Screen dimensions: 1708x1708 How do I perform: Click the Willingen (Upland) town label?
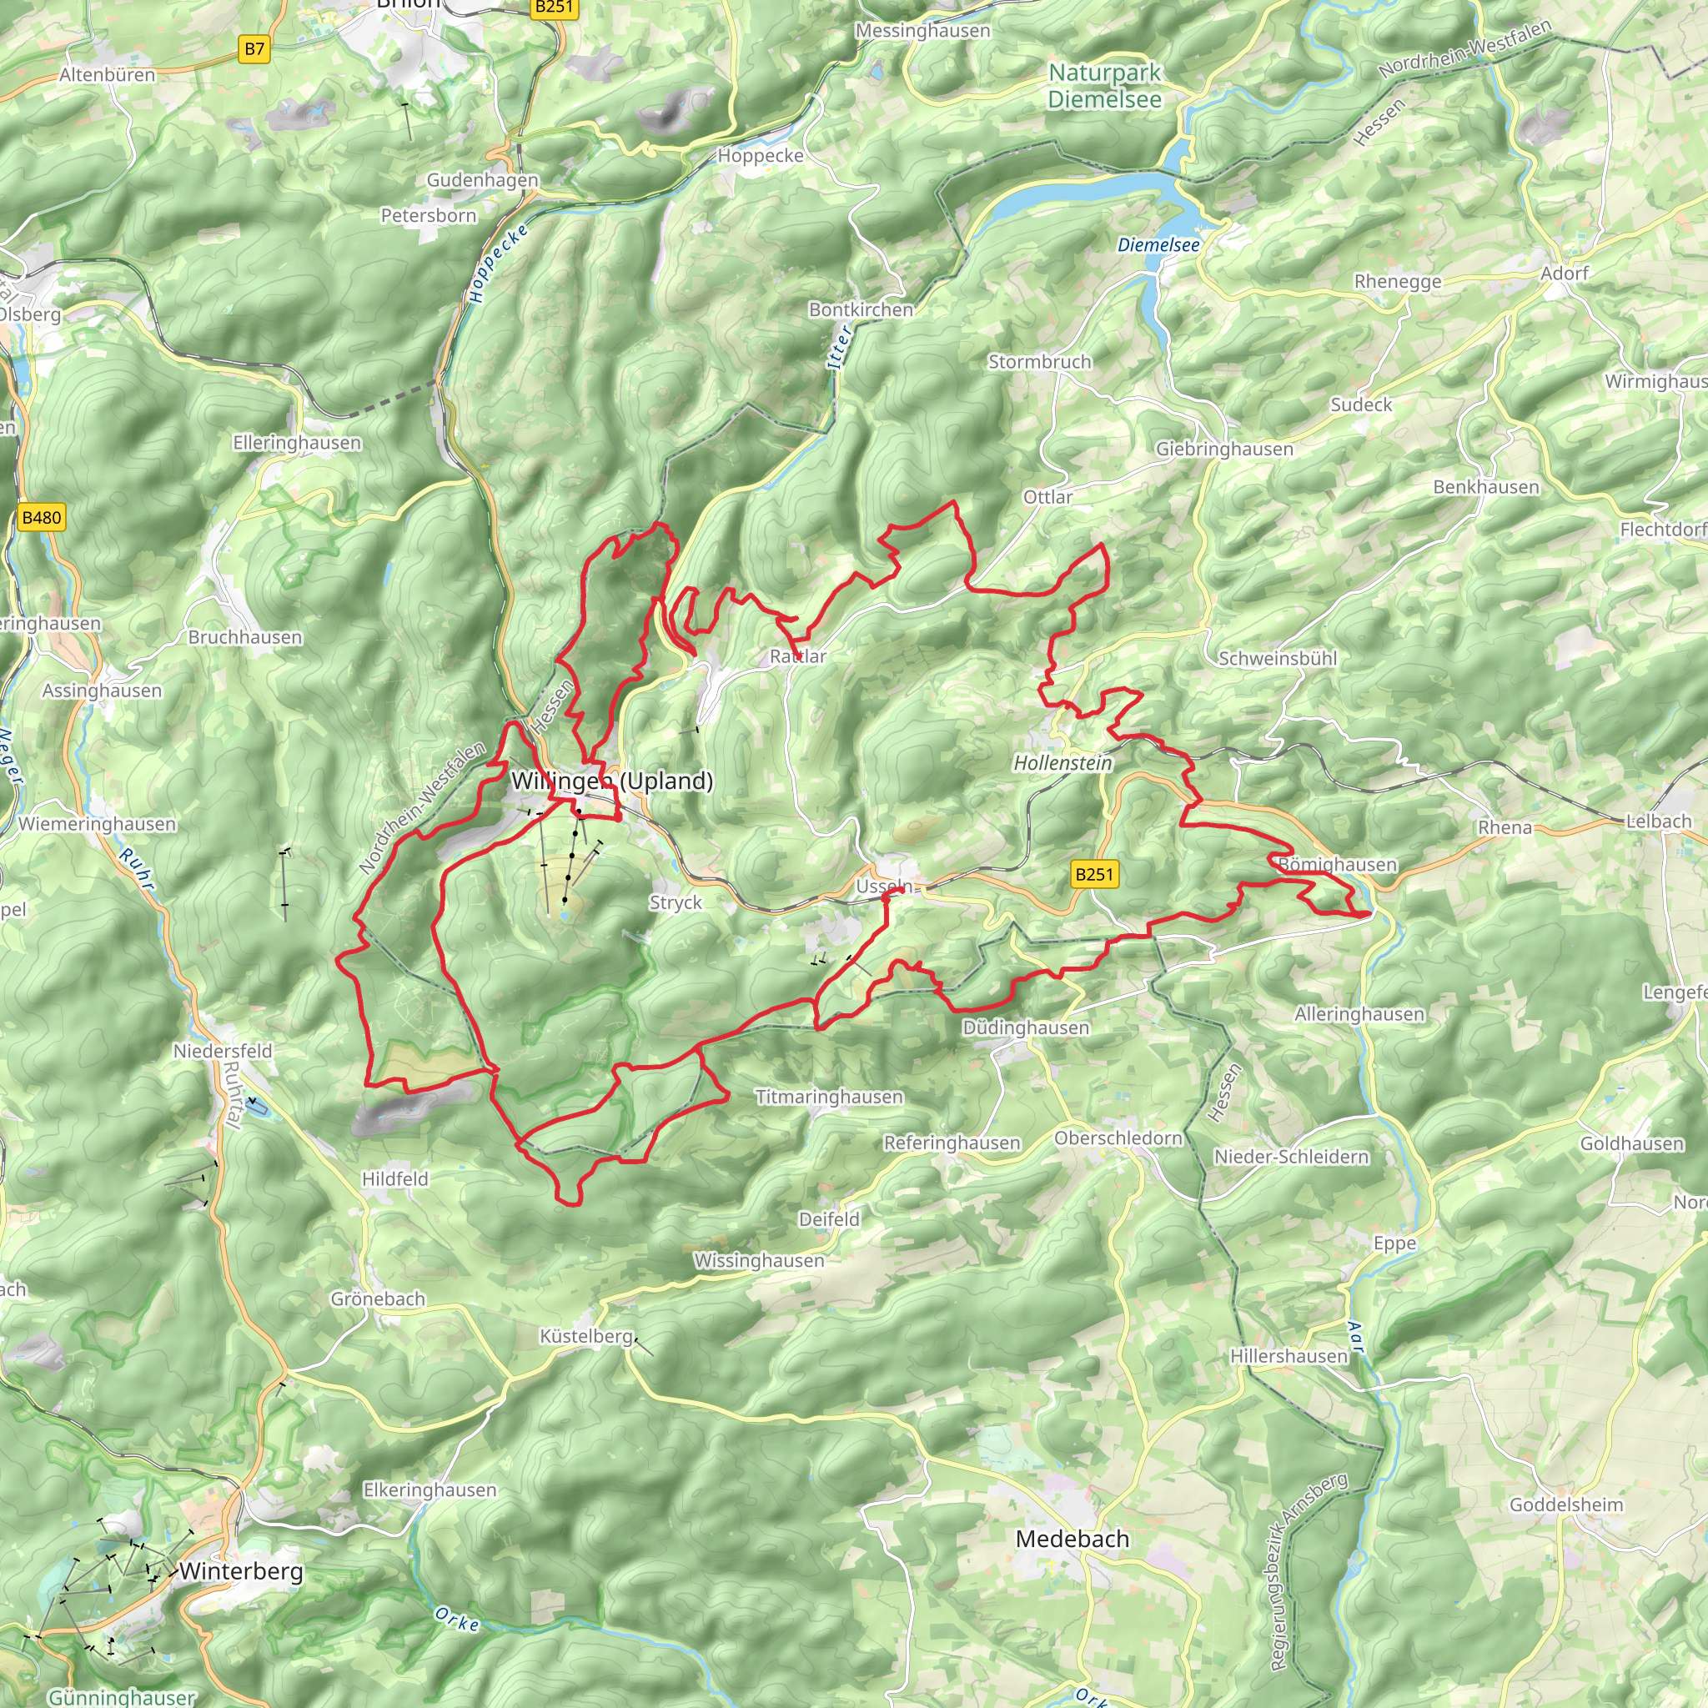pyautogui.click(x=612, y=781)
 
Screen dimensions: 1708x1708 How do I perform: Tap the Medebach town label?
pyautogui.click(x=1073, y=1540)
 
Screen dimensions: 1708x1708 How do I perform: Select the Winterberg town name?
pyautogui.click(x=240, y=1572)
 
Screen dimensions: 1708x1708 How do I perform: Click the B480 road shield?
pyautogui.click(x=42, y=518)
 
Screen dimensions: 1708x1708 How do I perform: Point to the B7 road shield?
pyautogui.click(x=254, y=49)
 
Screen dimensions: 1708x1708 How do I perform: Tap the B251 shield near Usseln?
pyautogui.click(x=1094, y=874)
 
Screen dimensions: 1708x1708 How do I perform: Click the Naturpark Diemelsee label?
pyautogui.click(x=1104, y=86)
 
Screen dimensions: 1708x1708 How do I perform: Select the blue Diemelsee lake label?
pyautogui.click(x=1158, y=245)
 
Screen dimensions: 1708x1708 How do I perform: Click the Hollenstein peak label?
pyautogui.click(x=1062, y=763)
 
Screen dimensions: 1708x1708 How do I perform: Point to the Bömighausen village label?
pyautogui.click(x=1338, y=865)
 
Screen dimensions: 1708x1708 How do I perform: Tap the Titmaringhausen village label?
pyautogui.click(x=829, y=1098)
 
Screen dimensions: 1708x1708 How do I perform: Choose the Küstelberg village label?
pyautogui.click(x=587, y=1337)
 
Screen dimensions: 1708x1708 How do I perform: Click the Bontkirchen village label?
pyautogui.click(x=861, y=310)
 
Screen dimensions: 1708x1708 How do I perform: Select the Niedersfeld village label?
pyautogui.click(x=223, y=1051)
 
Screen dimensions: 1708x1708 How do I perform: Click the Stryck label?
pyautogui.click(x=676, y=902)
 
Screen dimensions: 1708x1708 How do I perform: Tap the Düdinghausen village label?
pyautogui.click(x=1026, y=1028)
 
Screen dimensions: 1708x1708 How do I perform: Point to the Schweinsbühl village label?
pyautogui.click(x=1278, y=659)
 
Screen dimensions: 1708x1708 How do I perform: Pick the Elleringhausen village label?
pyautogui.click(x=297, y=443)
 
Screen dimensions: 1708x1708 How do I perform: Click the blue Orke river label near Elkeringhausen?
pyautogui.click(x=457, y=1619)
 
